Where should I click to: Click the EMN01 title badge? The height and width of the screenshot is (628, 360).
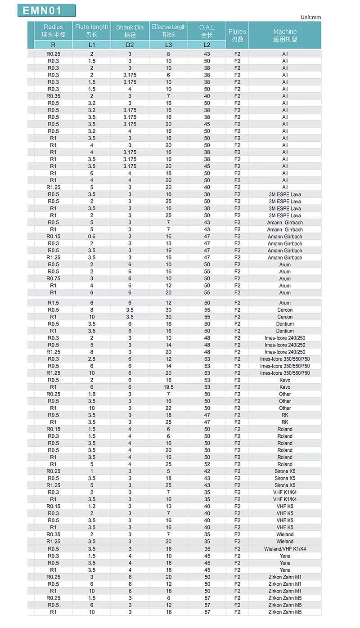(46, 11)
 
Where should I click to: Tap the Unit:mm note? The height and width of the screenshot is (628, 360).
(310, 18)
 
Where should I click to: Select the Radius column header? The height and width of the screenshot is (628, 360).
(53, 31)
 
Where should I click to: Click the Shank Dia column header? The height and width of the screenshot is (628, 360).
(130, 31)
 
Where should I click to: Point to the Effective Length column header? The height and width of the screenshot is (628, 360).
(168, 31)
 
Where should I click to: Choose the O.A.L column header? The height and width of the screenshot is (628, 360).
(207, 31)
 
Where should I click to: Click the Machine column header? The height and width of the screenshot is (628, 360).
(285, 35)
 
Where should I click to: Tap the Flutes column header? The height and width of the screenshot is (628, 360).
(237, 35)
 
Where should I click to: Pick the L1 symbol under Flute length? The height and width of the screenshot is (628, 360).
(92, 45)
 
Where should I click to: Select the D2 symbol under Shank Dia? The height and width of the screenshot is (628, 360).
(130, 45)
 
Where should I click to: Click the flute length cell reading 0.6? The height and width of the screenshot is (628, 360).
(92, 237)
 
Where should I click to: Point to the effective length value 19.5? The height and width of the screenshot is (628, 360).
(168, 387)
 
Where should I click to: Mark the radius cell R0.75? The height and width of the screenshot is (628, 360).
(53, 278)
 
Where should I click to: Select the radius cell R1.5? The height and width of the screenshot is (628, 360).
(53, 303)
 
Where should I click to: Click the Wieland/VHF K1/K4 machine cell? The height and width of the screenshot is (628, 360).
(285, 549)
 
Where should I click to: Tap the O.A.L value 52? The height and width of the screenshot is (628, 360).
(207, 464)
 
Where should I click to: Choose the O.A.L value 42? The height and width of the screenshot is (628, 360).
(207, 471)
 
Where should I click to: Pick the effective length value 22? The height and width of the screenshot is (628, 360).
(168, 408)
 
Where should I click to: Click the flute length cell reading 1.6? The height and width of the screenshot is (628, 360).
(92, 394)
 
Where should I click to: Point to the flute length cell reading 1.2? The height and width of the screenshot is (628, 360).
(92, 507)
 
